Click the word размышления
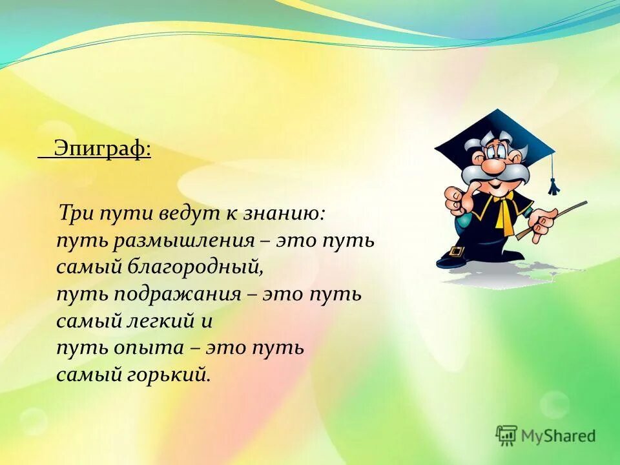coord(183,242)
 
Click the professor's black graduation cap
coord(495,135)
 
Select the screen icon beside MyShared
coord(506,435)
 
